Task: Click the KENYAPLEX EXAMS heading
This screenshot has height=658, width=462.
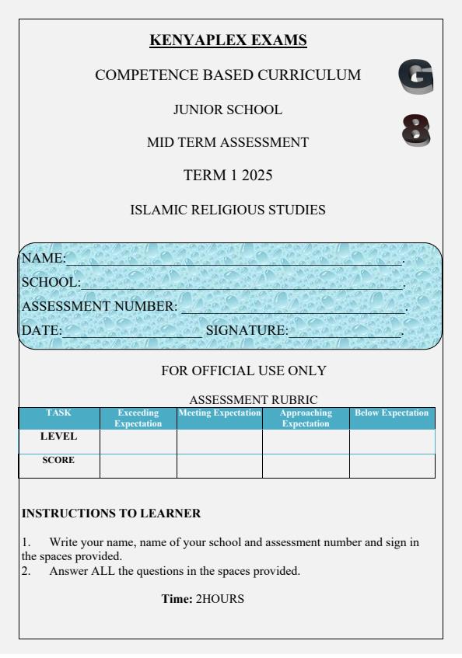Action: click(x=228, y=40)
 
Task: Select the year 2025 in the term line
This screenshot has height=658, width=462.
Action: click(x=257, y=176)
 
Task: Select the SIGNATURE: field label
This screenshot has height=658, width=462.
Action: click(x=246, y=331)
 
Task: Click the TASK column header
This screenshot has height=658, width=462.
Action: click(x=59, y=413)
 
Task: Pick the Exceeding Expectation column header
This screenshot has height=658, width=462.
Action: click(x=138, y=418)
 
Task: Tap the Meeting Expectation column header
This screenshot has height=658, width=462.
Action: click(x=219, y=413)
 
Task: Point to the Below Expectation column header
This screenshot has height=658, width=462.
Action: click(x=391, y=413)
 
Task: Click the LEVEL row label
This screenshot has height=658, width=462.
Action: click(x=59, y=437)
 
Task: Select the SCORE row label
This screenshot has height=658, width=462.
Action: click(x=59, y=460)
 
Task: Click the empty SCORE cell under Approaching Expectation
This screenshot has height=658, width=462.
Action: click(x=306, y=466)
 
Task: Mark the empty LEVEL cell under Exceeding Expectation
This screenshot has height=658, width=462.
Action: click(x=138, y=441)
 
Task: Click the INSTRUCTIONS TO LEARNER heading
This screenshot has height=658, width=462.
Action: click(x=111, y=514)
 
